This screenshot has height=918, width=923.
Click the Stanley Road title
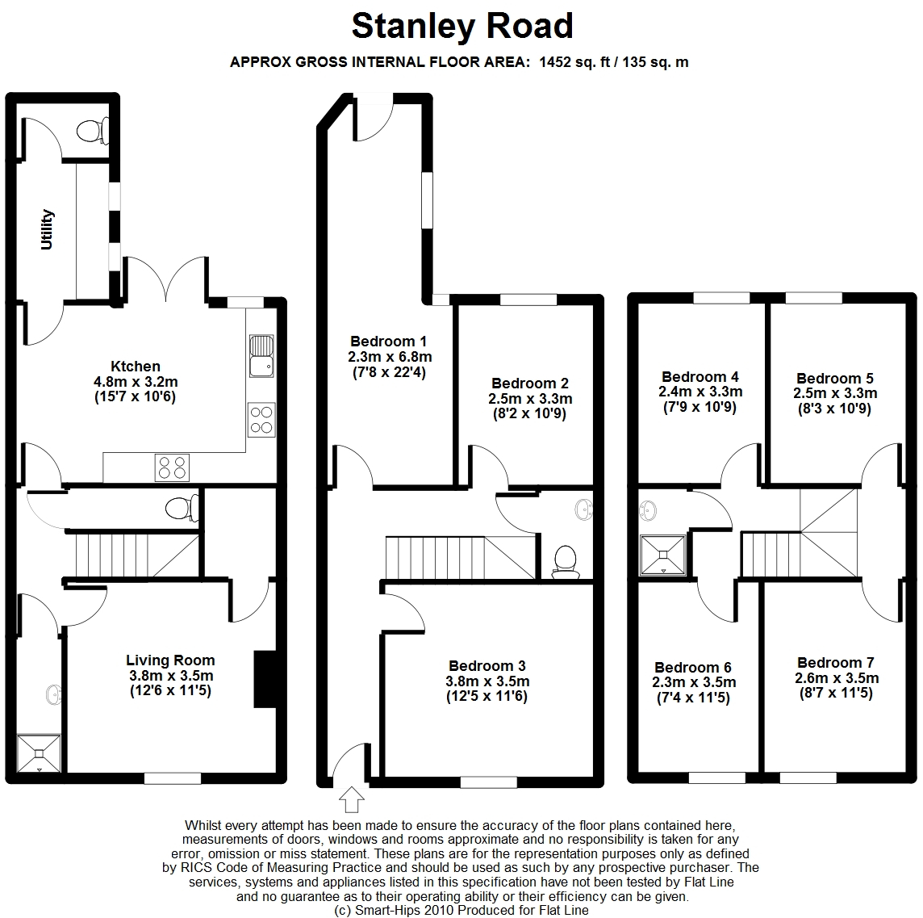click(x=462, y=27)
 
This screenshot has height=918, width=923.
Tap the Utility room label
click(x=47, y=229)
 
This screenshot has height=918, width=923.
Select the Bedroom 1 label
click(x=388, y=342)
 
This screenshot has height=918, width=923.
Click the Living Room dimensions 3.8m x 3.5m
click(x=171, y=676)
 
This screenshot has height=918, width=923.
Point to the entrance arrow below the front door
click(x=352, y=799)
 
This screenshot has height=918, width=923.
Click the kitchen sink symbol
click(x=261, y=356)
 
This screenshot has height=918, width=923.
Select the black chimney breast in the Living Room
click(x=265, y=679)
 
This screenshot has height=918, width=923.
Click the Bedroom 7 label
click(x=835, y=663)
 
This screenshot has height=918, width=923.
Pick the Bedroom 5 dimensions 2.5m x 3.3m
click(x=835, y=393)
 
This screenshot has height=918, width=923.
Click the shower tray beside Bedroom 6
click(x=663, y=555)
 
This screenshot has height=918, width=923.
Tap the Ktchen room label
click(x=136, y=366)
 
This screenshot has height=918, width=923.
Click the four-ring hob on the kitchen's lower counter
click(x=172, y=467)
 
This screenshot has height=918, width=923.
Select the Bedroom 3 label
click(x=487, y=666)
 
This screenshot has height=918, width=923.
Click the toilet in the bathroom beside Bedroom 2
click(x=565, y=560)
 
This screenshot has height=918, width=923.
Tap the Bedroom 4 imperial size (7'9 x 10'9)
click(x=700, y=407)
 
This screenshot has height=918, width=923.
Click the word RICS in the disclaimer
click(x=195, y=868)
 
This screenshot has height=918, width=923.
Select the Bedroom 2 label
click(x=530, y=384)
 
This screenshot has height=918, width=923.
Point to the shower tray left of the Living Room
click(x=39, y=753)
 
